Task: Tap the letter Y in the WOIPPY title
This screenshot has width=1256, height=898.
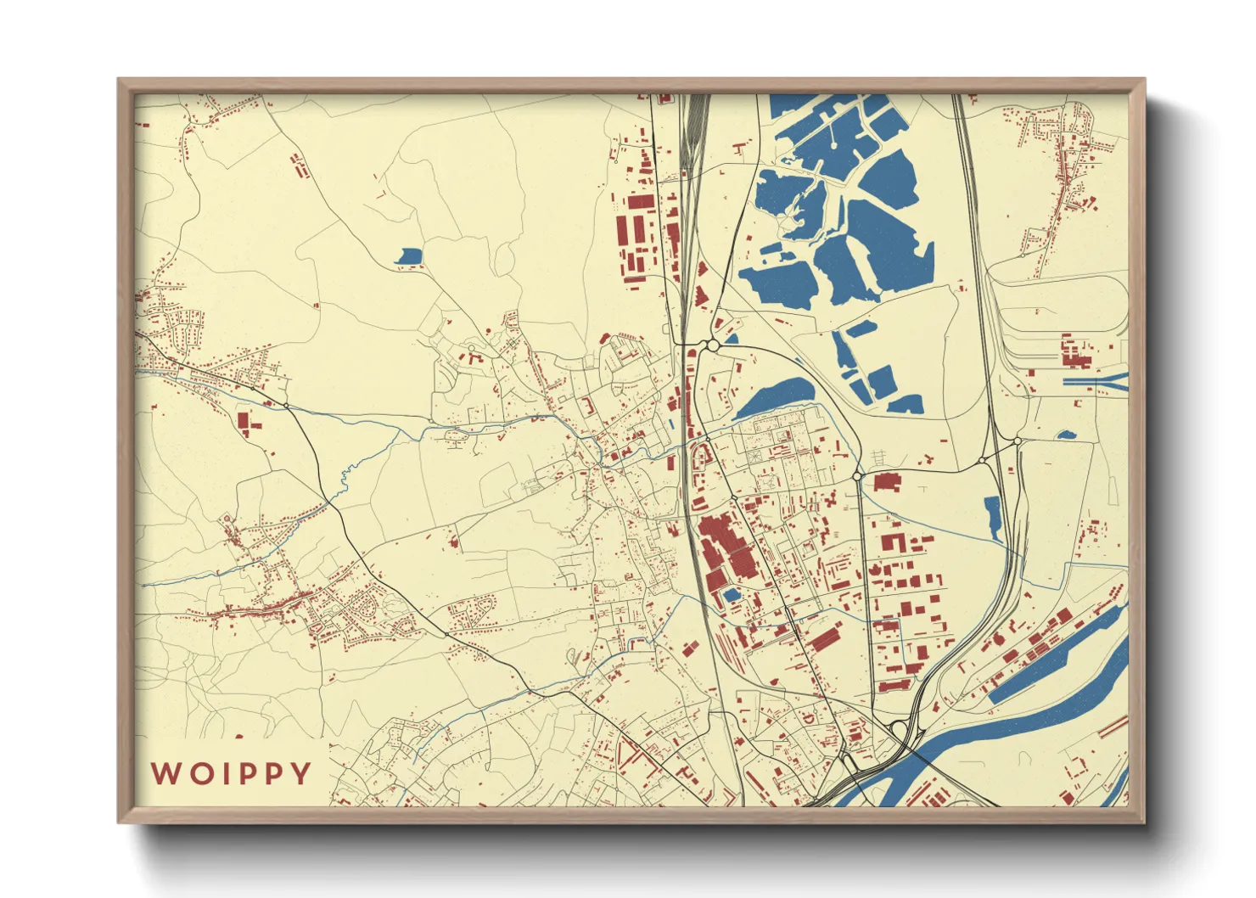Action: pos(300,774)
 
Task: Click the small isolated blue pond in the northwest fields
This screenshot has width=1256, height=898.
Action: pos(409,255)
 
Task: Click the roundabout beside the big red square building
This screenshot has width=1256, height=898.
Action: pos(858,476)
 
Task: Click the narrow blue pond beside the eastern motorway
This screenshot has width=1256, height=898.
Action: pos(993,518)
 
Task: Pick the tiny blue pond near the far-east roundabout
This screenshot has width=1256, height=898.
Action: pos(1067,435)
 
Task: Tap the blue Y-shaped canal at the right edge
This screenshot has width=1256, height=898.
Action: pos(1099,381)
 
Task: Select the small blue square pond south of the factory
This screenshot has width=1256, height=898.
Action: pos(731,595)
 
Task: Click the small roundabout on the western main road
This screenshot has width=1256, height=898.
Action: pos(287,406)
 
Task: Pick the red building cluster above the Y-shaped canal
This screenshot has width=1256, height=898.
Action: pos(1075,351)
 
